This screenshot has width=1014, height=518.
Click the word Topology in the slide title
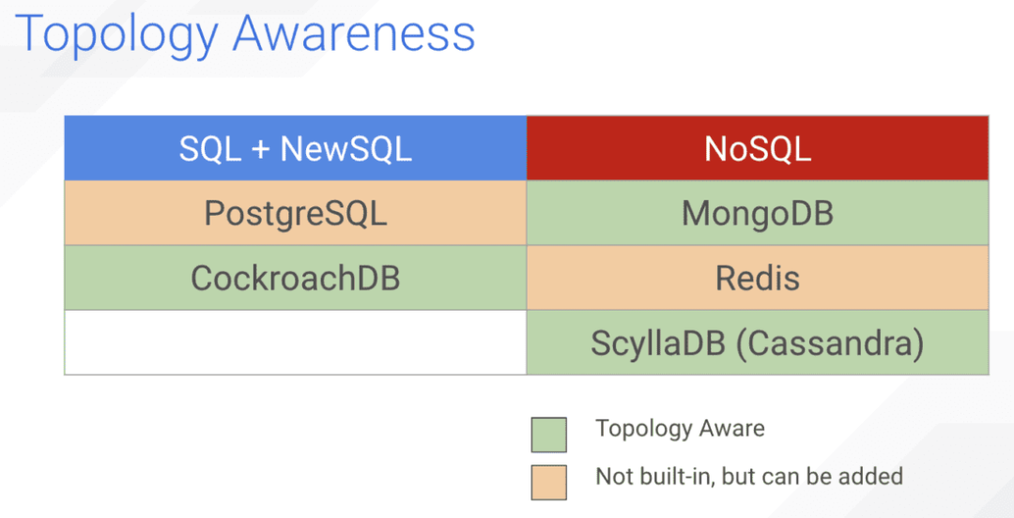pyautogui.click(x=115, y=36)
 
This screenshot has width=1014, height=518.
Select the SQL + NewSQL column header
pyautogui.click(x=296, y=148)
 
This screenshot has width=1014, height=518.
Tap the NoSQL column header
pyautogui.click(x=758, y=148)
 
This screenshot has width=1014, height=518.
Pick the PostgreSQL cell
pyautogui.click(x=296, y=213)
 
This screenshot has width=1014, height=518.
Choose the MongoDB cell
pyautogui.click(x=758, y=213)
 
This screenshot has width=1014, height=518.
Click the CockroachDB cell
pyautogui.click(x=296, y=278)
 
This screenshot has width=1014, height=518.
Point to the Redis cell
pyautogui.click(x=758, y=278)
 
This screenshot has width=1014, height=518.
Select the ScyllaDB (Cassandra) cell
pyautogui.click(x=758, y=343)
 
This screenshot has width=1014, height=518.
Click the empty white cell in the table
pyautogui.click(x=296, y=343)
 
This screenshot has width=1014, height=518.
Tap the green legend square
pyautogui.click(x=549, y=434)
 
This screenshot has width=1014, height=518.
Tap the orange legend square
pyautogui.click(x=549, y=482)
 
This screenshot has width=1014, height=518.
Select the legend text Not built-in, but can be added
pyautogui.click(x=749, y=477)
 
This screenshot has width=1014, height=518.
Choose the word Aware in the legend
pyautogui.click(x=733, y=428)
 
